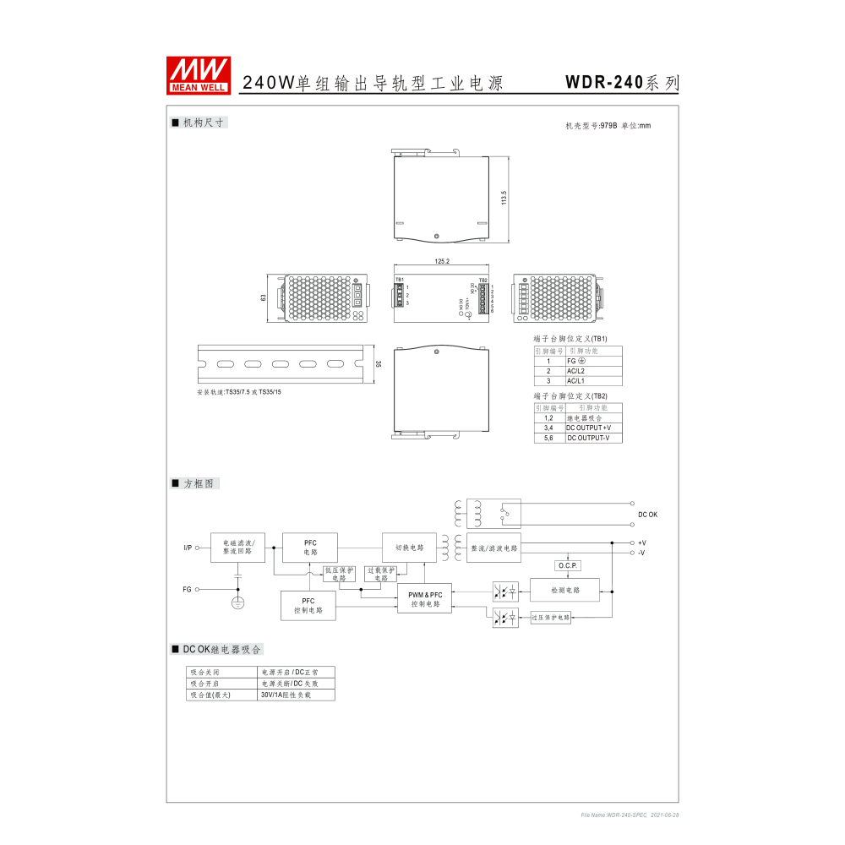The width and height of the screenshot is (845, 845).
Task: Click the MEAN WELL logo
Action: point(198,75)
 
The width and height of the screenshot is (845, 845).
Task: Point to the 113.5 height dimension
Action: point(504,198)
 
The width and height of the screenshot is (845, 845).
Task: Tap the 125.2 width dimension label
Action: point(442,262)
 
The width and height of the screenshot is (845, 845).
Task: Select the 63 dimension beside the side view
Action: point(264,297)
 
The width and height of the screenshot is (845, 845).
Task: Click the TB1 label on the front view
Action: point(400,280)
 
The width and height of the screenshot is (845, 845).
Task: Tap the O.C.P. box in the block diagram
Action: point(567,565)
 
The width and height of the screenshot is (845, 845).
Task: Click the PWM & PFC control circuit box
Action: point(424,599)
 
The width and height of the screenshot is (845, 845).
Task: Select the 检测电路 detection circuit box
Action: point(564,589)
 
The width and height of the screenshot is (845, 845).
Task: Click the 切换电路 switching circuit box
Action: point(409,548)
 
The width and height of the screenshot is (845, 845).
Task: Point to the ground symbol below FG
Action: point(238,602)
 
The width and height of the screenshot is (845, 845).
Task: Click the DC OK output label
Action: point(647,514)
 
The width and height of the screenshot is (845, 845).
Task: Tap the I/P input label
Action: point(188,548)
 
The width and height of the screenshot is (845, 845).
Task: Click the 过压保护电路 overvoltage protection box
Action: point(551,619)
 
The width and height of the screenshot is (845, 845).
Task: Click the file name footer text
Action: point(630,815)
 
